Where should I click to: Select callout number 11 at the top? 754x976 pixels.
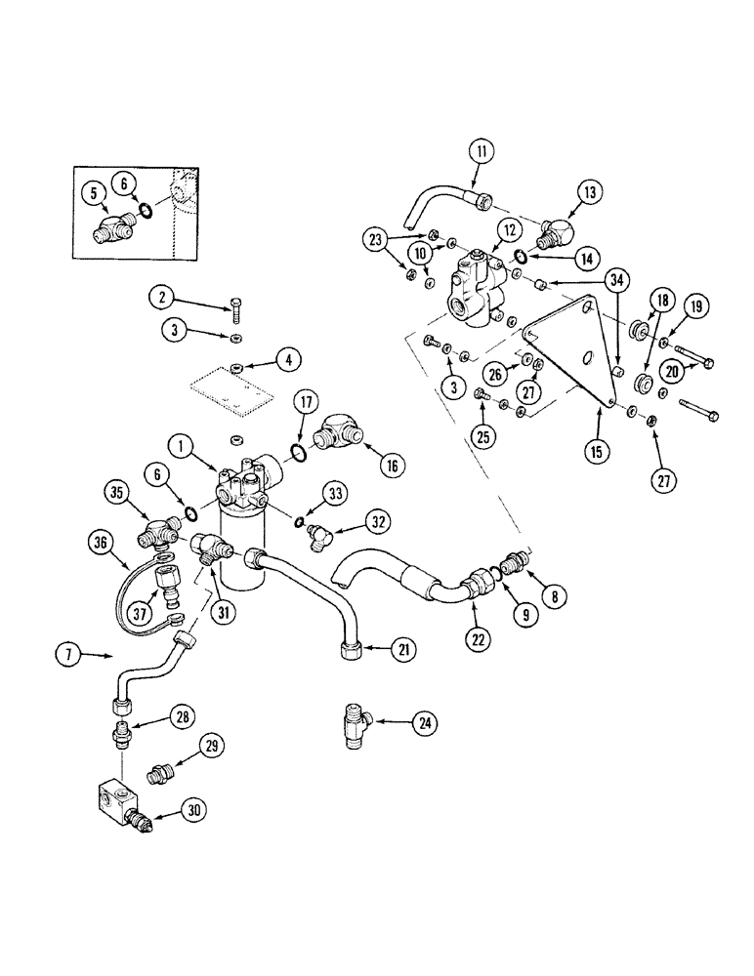tap(482, 151)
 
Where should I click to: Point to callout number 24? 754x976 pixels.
tap(425, 723)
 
